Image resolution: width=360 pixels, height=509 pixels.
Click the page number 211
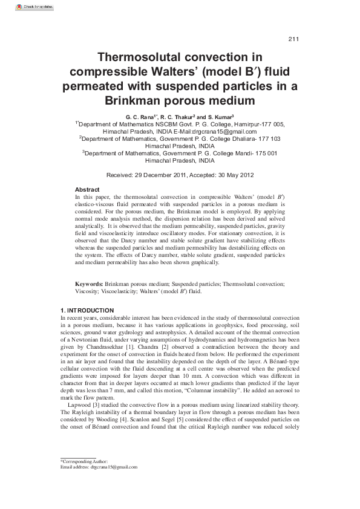point(293,40)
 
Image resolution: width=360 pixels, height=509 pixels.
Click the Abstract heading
point(87,190)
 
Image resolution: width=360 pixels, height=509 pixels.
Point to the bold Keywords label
point(88,284)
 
